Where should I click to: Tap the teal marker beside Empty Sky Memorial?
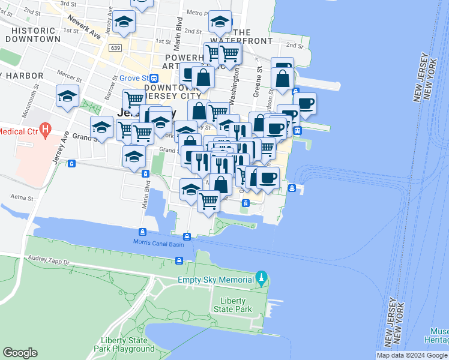[261, 279]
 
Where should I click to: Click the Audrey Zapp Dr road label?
[49, 262]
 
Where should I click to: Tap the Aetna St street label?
[21, 196]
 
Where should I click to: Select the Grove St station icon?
[154, 78]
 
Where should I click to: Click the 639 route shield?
[116, 47]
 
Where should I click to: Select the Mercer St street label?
[70, 76]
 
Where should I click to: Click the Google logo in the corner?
[20, 353]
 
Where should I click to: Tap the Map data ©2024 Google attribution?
[412, 355]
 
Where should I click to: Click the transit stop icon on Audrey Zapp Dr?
[179, 260]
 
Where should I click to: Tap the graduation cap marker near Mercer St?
[67, 96]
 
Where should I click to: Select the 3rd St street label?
[67, 4]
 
